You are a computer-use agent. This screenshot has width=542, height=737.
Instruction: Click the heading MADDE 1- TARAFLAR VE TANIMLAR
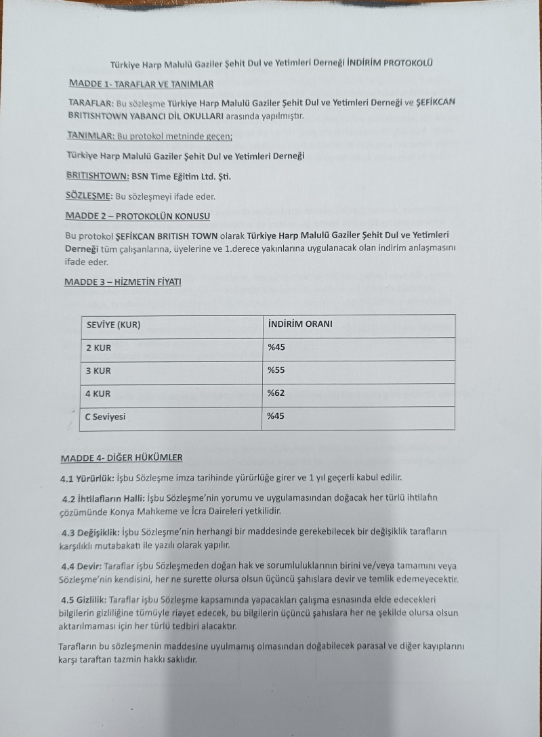[x=141, y=84]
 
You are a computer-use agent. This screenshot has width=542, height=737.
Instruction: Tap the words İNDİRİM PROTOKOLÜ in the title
[x=390, y=64]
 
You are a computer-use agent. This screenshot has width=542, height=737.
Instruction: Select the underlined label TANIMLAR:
[x=91, y=136]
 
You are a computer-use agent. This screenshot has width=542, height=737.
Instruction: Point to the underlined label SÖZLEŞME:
[x=89, y=197]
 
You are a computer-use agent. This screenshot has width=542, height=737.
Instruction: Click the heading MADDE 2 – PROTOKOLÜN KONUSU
[x=138, y=216]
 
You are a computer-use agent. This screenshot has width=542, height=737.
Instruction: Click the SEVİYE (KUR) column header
[x=113, y=325]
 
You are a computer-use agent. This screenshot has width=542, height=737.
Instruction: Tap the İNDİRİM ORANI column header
[x=299, y=324]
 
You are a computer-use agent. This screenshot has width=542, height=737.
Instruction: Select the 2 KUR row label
[x=98, y=348]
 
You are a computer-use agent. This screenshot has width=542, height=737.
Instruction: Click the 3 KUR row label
[x=98, y=371]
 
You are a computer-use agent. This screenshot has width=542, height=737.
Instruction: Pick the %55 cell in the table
[x=276, y=370]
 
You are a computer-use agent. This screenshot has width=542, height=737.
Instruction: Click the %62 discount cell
[x=276, y=393]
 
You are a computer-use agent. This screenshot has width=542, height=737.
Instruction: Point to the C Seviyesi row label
[x=105, y=417]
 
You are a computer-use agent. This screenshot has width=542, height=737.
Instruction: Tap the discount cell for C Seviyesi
[x=276, y=416]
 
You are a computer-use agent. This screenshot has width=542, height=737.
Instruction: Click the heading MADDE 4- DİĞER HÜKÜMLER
[x=121, y=458]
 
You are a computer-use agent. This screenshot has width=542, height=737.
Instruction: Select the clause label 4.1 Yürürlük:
[x=87, y=478]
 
